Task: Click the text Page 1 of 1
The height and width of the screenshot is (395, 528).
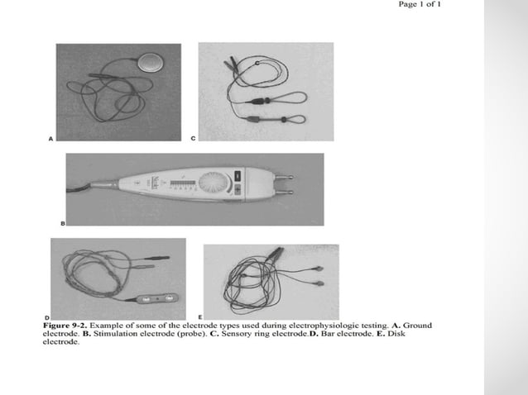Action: tap(420, 6)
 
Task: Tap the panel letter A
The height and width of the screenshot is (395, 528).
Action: tap(51, 141)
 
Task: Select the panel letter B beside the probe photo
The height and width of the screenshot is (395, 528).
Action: tap(62, 223)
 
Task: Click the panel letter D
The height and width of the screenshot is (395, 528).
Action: tap(46, 316)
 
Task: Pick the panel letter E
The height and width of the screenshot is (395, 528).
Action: tap(199, 316)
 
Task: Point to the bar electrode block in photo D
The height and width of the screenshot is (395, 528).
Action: tap(156, 299)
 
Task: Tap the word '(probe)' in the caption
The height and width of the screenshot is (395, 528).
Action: tap(180, 334)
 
